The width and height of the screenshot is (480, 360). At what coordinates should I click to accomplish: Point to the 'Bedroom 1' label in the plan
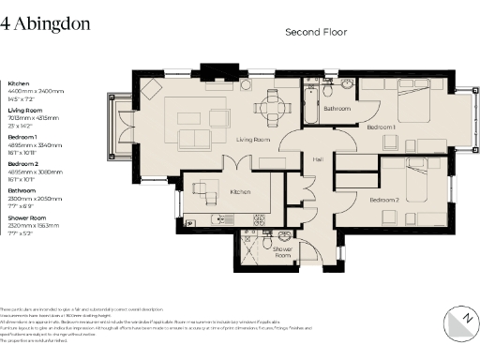[x=381, y=126]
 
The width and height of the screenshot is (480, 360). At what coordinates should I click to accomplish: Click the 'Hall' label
[x=318, y=158]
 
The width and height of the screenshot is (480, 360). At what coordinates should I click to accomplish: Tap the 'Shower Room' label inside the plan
[x=282, y=252]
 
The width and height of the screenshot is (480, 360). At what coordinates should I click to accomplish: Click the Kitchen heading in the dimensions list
[x=20, y=83]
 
